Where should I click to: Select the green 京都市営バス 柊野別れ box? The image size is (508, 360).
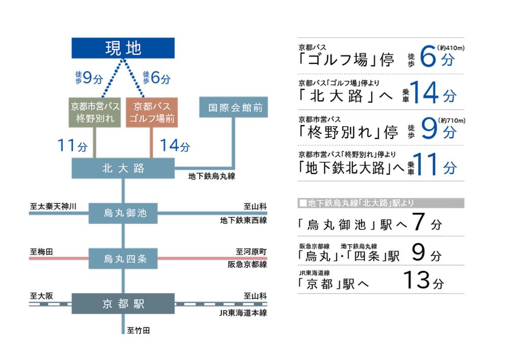click(96, 112)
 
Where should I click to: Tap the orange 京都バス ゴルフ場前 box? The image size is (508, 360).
click(151, 112)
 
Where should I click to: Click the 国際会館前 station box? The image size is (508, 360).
click(233, 107)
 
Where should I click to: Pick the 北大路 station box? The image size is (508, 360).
click(123, 168)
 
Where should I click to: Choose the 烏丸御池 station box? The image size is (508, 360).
click(123, 213)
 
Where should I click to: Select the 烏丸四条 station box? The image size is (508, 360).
click(123, 258)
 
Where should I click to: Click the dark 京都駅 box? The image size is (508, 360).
click(123, 304)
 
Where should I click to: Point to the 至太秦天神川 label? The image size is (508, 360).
click(53, 206)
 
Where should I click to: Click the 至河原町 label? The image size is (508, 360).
click(251, 252)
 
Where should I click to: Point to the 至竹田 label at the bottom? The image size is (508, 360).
click(138, 331)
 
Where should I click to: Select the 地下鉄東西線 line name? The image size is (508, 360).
click(243, 220)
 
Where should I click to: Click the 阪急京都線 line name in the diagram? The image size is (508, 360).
click(247, 264)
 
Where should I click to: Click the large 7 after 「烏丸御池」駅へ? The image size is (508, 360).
click(418, 223)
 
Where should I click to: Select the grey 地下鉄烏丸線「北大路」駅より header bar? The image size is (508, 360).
click(380, 203)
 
